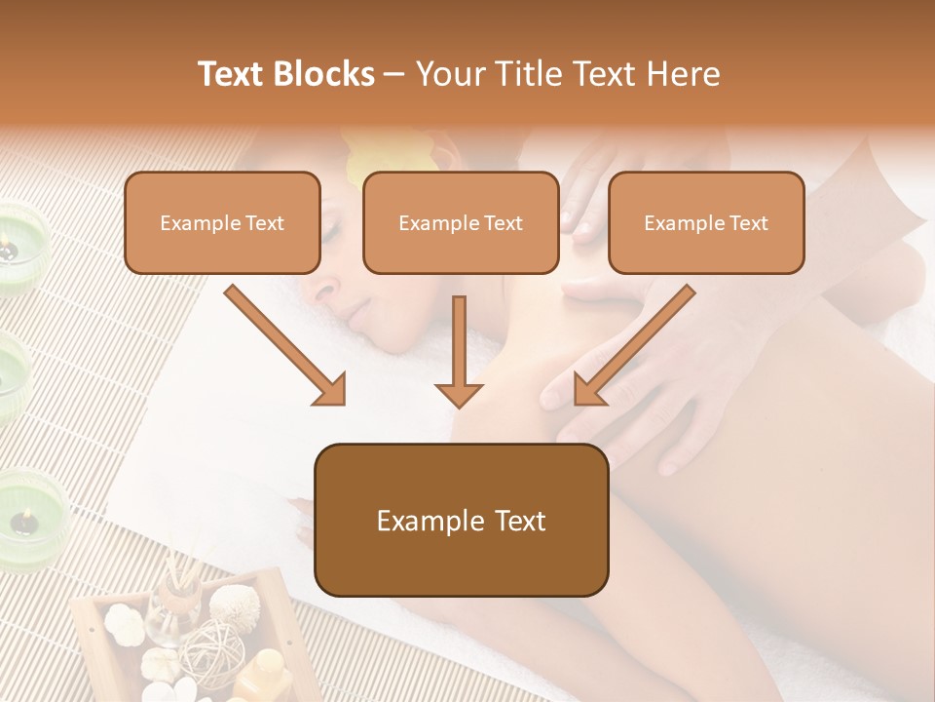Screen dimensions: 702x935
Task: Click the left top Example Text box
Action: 222,222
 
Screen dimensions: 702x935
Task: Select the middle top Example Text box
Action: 461,222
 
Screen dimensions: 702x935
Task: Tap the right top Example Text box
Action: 706,222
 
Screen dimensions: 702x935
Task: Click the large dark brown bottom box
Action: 461,520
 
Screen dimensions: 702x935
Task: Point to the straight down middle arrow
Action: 459,351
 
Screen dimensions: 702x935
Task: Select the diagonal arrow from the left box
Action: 285,345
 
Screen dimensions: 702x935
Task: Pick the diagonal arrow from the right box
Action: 634,345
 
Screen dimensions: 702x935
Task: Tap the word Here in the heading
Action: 683,74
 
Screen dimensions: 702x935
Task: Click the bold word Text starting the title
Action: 235,74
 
